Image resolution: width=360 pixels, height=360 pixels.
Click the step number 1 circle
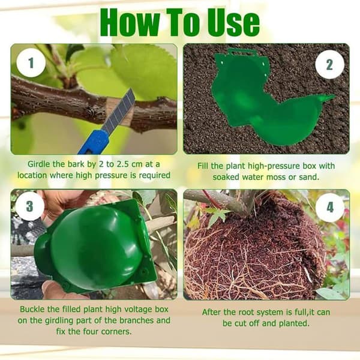(x=31, y=62)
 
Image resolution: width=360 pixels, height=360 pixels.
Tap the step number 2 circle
(x=329, y=65)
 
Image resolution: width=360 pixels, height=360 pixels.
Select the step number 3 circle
(x=30, y=206)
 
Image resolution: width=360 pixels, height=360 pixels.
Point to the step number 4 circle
(x=329, y=208)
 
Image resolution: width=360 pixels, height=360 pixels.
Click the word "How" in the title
(x=130, y=23)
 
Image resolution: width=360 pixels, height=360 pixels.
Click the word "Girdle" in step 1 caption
(x=39, y=164)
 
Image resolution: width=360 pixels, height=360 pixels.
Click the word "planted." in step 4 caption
(x=294, y=323)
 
